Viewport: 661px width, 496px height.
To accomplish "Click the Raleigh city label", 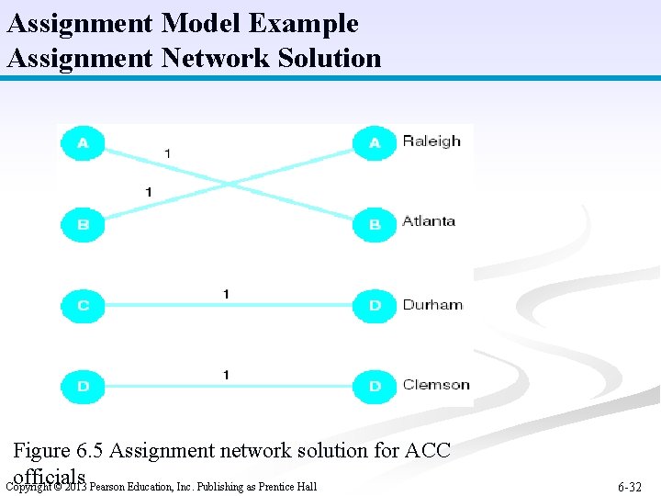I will [431, 141].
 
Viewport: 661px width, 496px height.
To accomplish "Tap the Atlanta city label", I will [429, 221].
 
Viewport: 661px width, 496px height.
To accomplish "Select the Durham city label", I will [432, 305].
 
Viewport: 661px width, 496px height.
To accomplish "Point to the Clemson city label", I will [436, 385].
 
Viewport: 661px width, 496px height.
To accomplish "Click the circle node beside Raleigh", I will [375, 142].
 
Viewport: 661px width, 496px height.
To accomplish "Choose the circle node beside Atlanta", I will [375, 224].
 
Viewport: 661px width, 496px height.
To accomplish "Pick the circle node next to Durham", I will [375, 305].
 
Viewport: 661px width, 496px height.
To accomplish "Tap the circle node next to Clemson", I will [375, 386].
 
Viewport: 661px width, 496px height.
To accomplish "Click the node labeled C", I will [84, 305].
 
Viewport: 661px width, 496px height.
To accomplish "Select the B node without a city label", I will [84, 224].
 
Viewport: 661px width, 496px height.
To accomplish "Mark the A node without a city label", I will [84, 142].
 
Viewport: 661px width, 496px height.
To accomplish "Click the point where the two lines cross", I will [228, 183].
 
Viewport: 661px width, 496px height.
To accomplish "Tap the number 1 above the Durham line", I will [226, 293].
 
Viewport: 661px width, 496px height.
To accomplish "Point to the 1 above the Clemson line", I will [226, 374].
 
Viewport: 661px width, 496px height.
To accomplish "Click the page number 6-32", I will [630, 487].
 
